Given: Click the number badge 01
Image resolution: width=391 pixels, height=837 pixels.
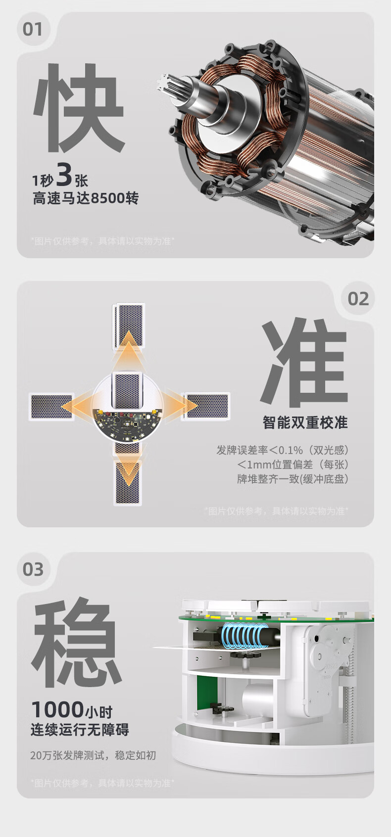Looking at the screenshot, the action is pos(32,29).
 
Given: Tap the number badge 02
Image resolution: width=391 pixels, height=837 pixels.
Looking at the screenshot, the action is pos(358,299).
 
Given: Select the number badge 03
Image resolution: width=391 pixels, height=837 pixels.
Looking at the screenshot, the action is pos(33,569).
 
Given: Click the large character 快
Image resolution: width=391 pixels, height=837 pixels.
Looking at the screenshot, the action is pos(79,108).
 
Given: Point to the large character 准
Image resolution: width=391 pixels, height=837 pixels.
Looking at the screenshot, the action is pos(304,363).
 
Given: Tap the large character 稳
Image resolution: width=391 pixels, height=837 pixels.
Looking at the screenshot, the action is pos(77,643).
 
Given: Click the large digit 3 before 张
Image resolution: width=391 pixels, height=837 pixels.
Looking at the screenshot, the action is pos(64,175).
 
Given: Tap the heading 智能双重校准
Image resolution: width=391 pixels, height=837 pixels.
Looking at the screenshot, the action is pos(305,422).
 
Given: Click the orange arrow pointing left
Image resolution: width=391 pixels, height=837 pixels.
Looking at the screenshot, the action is pos(80,406).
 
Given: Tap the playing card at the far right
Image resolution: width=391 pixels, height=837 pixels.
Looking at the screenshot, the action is pos(206,406).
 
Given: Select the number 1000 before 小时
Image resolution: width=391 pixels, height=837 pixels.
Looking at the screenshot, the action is pos(57,709).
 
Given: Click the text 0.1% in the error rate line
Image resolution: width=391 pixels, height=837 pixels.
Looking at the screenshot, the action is pos(290,450).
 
